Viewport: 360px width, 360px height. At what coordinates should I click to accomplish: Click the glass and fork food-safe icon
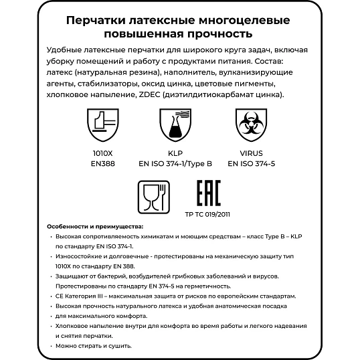[x=153, y=196]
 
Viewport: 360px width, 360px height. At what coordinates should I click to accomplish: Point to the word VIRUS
[x=254, y=152]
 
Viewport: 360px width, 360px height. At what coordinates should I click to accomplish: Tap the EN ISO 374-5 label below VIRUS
[x=254, y=162]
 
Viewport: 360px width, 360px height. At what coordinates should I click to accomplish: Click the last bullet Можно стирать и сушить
[x=94, y=345]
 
